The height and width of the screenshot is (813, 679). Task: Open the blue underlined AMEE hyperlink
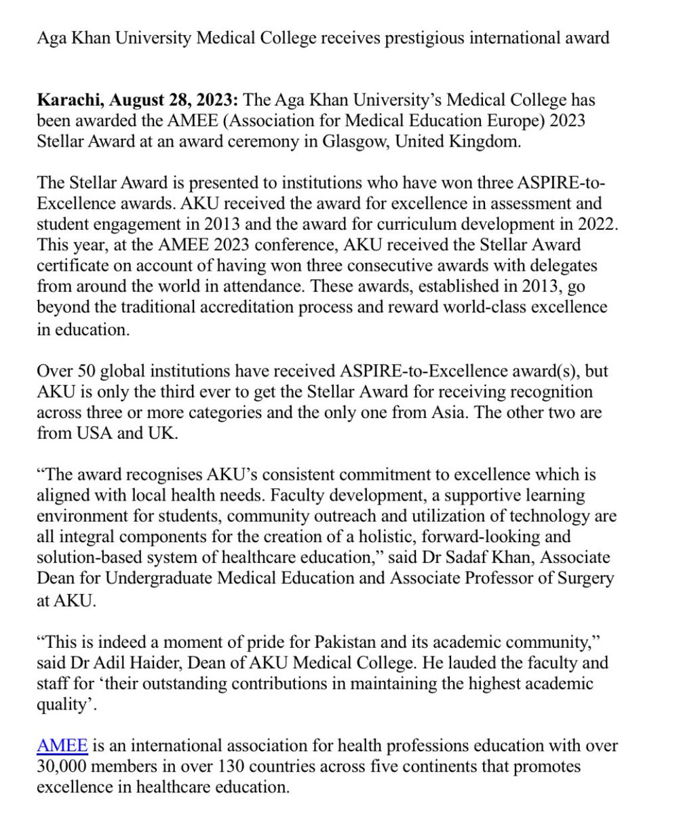tap(62, 747)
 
